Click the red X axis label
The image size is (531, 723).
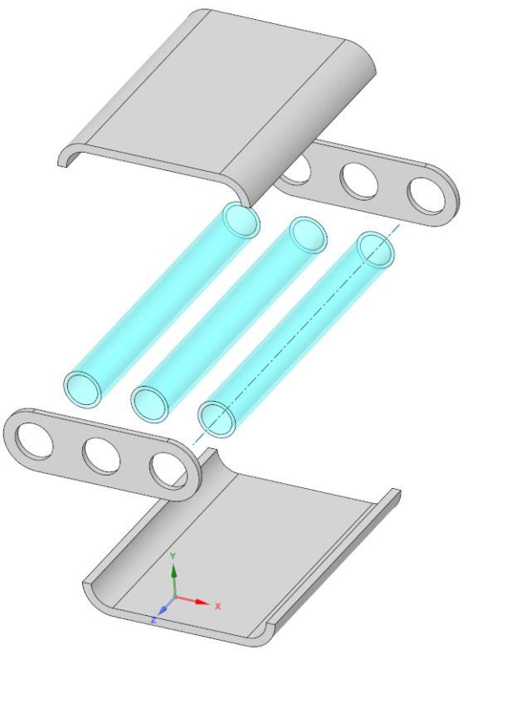point(218,606)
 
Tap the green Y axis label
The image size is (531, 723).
point(173,554)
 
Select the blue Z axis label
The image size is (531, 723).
point(154,620)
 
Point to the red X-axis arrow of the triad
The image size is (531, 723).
point(197,600)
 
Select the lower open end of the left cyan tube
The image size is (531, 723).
point(82,388)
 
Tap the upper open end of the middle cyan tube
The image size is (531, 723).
point(309,236)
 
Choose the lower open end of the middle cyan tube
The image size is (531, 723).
point(149,403)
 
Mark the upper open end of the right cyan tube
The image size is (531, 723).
point(375,249)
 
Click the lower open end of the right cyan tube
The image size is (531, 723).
point(217,418)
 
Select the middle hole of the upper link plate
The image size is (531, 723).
point(359,180)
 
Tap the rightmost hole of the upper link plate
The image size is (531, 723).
point(426,193)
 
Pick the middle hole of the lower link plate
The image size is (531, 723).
point(100,455)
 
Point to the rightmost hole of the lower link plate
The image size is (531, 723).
point(168,470)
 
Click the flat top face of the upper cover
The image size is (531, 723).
point(224,91)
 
